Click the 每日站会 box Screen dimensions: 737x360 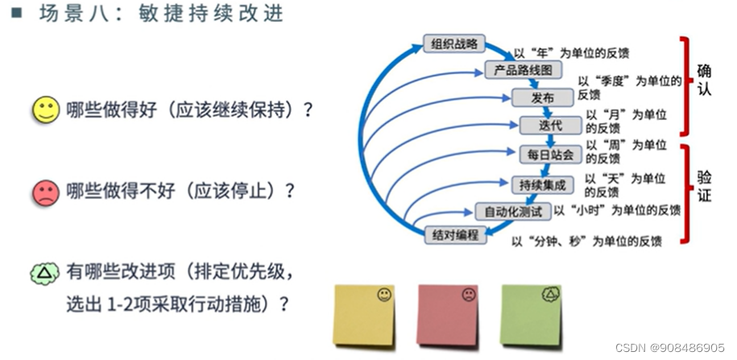pos(550,154)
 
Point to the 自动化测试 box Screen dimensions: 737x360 pos(512,212)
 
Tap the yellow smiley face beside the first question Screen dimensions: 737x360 pos(45,110)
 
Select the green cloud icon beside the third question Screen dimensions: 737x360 pos(45,275)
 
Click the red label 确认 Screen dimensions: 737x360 pos(704,81)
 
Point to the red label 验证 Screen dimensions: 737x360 pos(704,187)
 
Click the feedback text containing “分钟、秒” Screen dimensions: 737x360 pos(587,240)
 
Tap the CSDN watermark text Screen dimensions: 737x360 pos(669,347)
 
